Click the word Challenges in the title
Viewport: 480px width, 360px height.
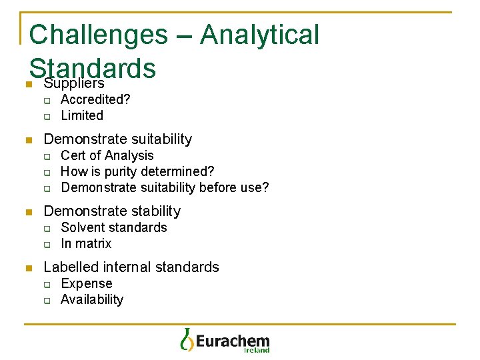point(97,35)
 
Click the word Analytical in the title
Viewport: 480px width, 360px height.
point(259,35)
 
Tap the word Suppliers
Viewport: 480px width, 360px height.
point(73,83)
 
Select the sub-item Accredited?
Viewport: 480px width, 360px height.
point(95,99)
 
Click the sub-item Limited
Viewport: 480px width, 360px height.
point(82,115)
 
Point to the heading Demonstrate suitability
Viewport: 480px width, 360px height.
point(117,139)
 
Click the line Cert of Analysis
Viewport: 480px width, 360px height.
point(107,155)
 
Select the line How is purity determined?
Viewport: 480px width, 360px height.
point(137,171)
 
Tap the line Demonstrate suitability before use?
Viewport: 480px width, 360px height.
point(165,187)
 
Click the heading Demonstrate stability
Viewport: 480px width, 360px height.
point(112,211)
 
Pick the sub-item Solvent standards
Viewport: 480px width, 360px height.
point(114,227)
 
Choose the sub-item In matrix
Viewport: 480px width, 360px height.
point(86,243)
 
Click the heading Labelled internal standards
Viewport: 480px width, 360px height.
point(131,267)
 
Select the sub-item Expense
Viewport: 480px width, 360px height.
point(87,283)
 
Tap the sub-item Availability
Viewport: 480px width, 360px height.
point(92,299)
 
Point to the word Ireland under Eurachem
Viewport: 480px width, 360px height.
point(257,350)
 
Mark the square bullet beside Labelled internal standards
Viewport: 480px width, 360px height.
point(28,268)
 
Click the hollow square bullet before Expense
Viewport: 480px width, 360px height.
point(47,284)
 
